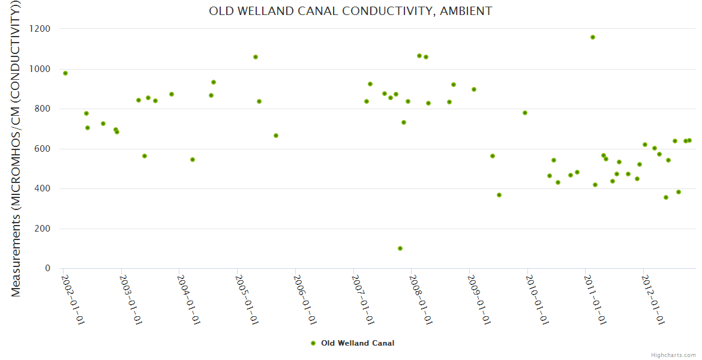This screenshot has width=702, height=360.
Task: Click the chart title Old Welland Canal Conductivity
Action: (350, 11)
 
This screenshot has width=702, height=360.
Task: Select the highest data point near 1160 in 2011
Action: (593, 37)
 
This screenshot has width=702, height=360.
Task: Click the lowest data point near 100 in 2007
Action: (400, 248)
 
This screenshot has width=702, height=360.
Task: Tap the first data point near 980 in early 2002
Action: (65, 73)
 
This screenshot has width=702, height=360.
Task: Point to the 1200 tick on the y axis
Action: (41, 29)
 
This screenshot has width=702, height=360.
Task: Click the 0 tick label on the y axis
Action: (47, 268)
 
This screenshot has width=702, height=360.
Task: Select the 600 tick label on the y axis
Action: (44, 149)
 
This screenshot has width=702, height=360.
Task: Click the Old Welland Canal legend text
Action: (358, 343)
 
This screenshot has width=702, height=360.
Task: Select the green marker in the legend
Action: (313, 343)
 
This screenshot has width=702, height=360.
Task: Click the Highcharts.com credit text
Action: (673, 355)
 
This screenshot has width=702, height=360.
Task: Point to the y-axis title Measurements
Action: (16, 150)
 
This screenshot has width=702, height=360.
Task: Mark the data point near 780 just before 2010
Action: (525, 113)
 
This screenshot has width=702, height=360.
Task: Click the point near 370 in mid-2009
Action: (499, 195)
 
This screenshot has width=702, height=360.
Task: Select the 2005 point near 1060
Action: (256, 57)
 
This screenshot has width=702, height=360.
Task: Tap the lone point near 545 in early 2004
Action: (193, 160)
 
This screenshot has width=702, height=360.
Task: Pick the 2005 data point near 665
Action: (276, 136)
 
